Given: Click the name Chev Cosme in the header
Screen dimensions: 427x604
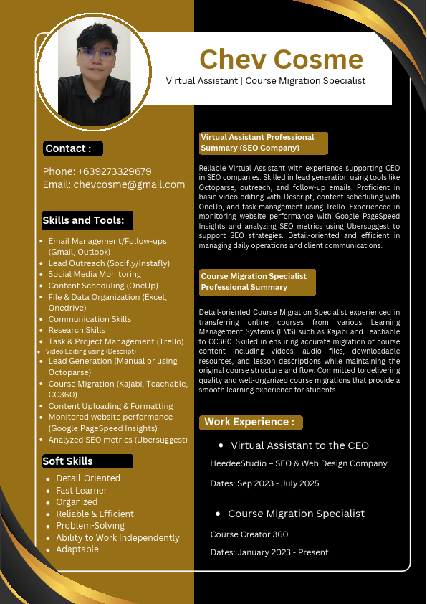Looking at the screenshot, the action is pyautogui.click(x=281, y=59).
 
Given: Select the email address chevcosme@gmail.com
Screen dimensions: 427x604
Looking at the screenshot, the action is pyautogui.click(x=129, y=184).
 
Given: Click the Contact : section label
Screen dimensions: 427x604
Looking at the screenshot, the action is pyautogui.click(x=69, y=148).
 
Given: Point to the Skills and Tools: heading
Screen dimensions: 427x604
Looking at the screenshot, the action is pyautogui.click(x=84, y=220).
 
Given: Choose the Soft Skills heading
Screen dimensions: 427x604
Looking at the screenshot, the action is pyautogui.click(x=68, y=461).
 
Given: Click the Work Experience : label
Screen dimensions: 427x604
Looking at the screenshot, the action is pyautogui.click(x=249, y=422).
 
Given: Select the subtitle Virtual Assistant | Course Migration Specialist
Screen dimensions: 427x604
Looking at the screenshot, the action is pyautogui.click(x=266, y=80).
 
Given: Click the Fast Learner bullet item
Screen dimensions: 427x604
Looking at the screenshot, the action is pyautogui.click(x=82, y=491).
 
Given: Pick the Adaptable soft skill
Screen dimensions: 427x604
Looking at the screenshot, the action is pyautogui.click(x=77, y=549).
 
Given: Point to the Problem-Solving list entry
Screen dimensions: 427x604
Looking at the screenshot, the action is pyautogui.click(x=90, y=526).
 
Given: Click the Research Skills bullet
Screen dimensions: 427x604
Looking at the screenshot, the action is pyautogui.click(x=77, y=330).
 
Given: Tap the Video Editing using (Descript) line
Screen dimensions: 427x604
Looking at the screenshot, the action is pyautogui.click(x=90, y=351).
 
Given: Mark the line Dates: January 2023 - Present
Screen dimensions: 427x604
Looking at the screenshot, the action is pyautogui.click(x=269, y=552).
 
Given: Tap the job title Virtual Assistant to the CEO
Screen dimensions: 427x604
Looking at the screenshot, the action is pyautogui.click(x=299, y=445).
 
